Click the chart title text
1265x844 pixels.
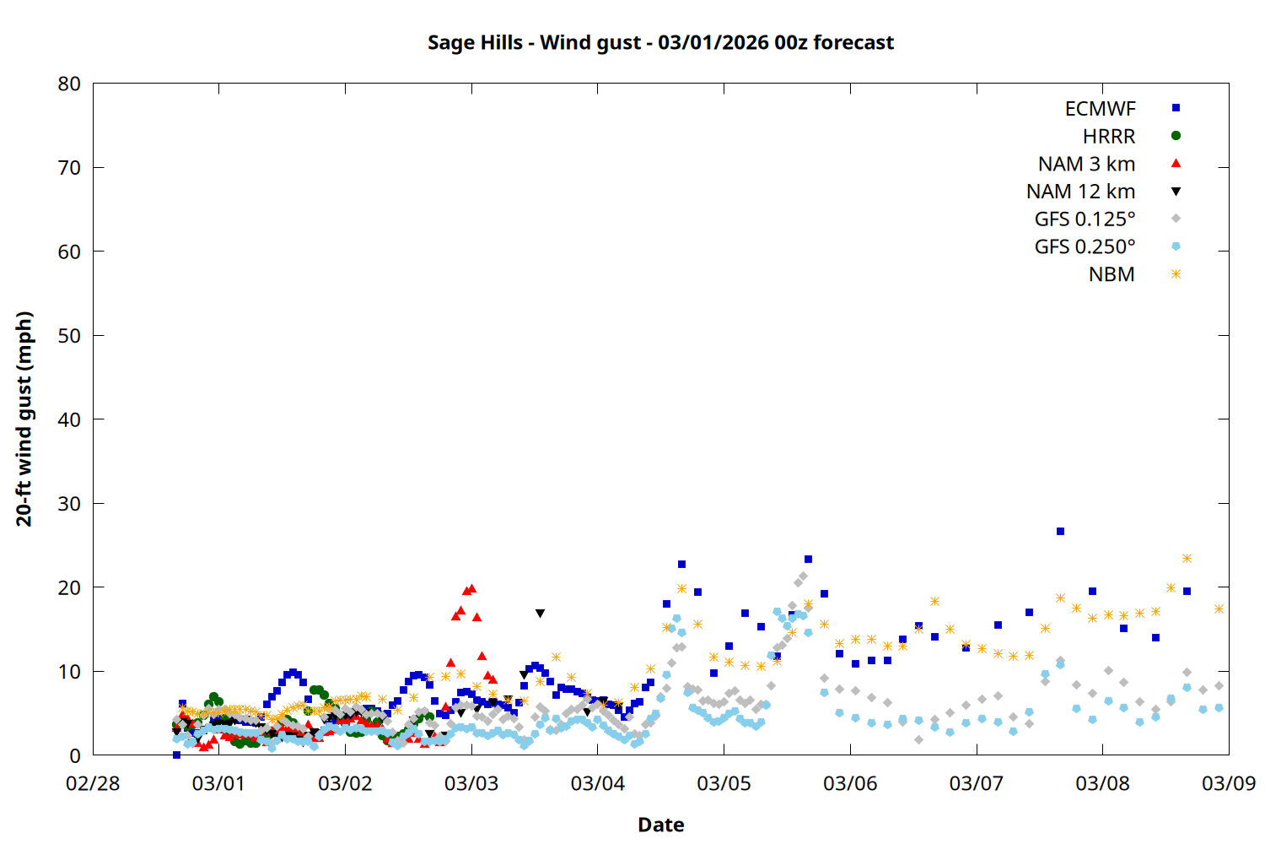[x=660, y=42]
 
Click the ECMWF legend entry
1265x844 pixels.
[x=1100, y=109]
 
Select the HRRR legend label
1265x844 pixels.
[x=1109, y=137]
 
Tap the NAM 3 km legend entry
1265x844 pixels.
[x=1086, y=164]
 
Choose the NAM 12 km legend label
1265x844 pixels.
[x=1080, y=192]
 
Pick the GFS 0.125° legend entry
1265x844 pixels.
[x=1085, y=219]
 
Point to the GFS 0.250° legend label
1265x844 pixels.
[x=1085, y=247]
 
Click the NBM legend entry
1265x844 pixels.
[x=1112, y=274]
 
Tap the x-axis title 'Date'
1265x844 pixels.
[x=660, y=825]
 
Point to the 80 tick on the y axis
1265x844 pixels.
[x=69, y=84]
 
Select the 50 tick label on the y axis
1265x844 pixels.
[x=69, y=335]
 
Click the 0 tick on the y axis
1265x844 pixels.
[x=75, y=755]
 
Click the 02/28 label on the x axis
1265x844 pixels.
[x=93, y=783]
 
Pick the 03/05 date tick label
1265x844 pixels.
[x=724, y=783]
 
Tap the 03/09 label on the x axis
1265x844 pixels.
[x=1228, y=783]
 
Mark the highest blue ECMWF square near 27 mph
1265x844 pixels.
[x=1060, y=532]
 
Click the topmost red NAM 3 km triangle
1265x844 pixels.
[x=471, y=588]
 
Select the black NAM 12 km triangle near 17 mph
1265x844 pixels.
[x=540, y=614]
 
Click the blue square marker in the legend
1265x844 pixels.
[x=1176, y=108]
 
